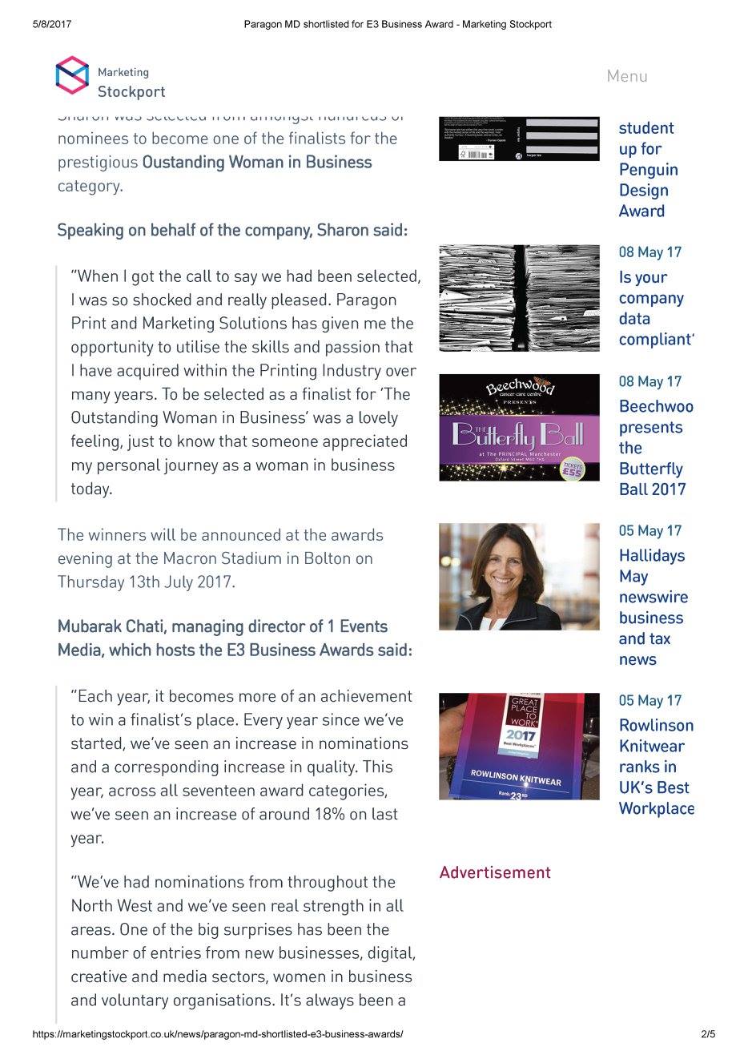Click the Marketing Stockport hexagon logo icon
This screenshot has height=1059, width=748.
tap(72, 75)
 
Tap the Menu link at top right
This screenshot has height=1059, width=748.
tap(627, 76)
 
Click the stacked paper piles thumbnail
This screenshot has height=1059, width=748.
tap(519, 298)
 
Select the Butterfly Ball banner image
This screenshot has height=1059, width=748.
tap(519, 428)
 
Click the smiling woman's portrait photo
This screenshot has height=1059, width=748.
tap(519, 577)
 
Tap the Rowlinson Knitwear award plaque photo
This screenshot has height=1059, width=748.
tap(519, 747)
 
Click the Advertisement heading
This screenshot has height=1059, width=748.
tap(495, 872)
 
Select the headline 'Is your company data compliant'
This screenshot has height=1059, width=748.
tap(653, 308)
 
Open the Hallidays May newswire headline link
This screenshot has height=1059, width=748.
tap(653, 607)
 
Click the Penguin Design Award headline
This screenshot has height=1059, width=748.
tap(648, 170)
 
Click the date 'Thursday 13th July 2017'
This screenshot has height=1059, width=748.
tap(146, 582)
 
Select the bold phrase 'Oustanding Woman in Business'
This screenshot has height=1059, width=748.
tap(256, 163)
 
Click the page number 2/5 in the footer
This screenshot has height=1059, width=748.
tap(708, 1034)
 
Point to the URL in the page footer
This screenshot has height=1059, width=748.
tap(218, 1034)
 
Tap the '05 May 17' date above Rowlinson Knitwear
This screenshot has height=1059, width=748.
tap(649, 701)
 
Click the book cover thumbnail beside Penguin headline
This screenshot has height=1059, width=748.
tap(519, 138)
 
